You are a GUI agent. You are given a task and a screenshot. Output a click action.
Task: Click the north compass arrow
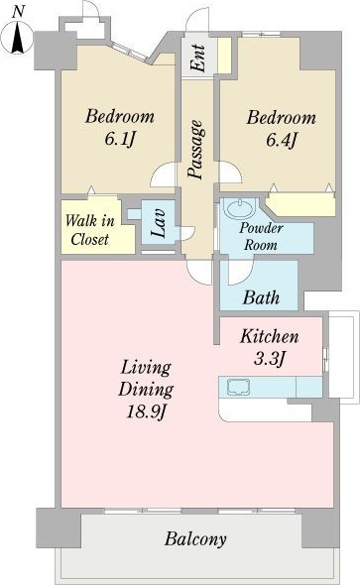click(x=18, y=38)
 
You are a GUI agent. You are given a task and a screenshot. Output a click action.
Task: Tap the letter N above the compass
click(x=18, y=12)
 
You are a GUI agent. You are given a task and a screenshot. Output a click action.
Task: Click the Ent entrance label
click(x=197, y=58)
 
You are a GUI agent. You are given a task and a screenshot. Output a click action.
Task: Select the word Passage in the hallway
click(x=196, y=150)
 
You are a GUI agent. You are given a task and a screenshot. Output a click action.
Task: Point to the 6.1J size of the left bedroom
click(x=119, y=140)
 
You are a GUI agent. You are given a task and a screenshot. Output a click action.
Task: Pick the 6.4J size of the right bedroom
click(x=282, y=140)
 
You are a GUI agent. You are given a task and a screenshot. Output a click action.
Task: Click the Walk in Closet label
click(x=90, y=230)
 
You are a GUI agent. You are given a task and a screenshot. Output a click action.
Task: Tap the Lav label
click(x=158, y=223)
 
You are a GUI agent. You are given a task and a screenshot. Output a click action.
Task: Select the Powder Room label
click(x=261, y=236)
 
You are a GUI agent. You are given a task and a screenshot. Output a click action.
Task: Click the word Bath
click(x=261, y=297)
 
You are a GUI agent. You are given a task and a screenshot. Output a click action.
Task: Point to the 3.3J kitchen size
click(x=269, y=359)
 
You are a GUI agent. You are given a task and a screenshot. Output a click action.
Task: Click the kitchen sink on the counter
click(x=239, y=387)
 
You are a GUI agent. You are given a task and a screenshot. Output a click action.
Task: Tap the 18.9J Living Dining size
click(x=146, y=411)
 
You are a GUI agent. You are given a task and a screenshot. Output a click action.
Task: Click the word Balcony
click(x=195, y=539)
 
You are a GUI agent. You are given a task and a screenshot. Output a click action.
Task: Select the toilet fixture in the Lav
click(x=134, y=214)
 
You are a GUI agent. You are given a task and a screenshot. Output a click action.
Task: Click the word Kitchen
click(x=270, y=336)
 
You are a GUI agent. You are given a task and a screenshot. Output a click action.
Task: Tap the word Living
click(x=146, y=368)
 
